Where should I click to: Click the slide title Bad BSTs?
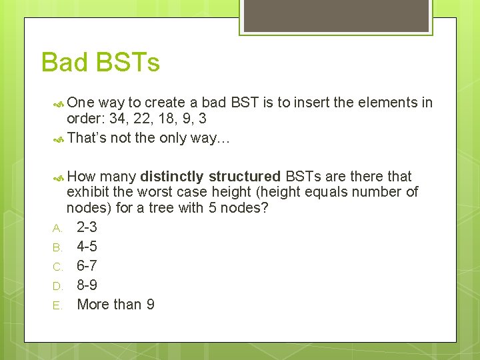point(100,63)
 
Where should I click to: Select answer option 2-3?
point(87,227)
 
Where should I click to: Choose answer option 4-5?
point(87,247)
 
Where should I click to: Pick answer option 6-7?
point(87,266)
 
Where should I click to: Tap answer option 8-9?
point(87,285)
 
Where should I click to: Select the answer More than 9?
point(115,305)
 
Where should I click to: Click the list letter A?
point(57,229)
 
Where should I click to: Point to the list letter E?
point(57,306)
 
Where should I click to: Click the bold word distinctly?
point(172,177)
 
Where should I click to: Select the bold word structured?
point(245,177)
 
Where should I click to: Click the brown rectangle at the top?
point(336,15)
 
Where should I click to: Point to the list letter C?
point(57,267)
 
